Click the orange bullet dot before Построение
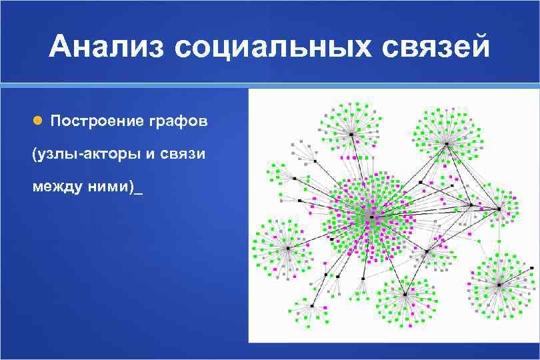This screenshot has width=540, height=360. coord(38,121)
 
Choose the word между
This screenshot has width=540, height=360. coord(55,187)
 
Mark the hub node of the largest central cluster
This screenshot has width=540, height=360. coord(371,215)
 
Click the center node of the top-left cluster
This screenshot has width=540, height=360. coord(351,134)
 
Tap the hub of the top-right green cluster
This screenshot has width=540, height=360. coord(446,143)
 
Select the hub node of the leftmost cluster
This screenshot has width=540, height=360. coord(288,248)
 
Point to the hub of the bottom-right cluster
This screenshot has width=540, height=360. coord(499,285)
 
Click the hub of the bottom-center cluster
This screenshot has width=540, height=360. coord(405,294)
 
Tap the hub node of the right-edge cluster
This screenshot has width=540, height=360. coord(499,209)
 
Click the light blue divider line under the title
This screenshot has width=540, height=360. coord(270,84)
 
